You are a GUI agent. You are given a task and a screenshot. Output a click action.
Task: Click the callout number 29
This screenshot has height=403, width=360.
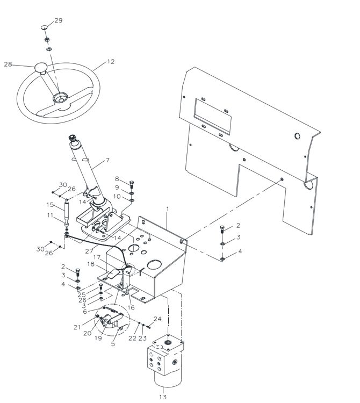point(59,20)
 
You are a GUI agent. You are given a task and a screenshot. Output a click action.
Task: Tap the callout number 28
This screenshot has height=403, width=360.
point(8,64)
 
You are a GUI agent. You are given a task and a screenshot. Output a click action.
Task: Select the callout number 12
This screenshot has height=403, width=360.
point(111,62)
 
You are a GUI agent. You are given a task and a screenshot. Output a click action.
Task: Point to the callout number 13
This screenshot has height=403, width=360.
point(163,397)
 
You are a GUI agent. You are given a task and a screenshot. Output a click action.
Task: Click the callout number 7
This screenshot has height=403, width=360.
point(107,160)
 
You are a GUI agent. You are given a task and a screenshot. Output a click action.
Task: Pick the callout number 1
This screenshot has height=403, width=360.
point(168,209)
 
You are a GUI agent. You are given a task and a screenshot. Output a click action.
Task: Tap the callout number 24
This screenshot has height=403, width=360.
point(157,319)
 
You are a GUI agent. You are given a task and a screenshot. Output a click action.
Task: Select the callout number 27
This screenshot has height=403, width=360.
point(89,251)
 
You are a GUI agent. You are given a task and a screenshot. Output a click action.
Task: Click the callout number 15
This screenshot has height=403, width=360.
point(50,205)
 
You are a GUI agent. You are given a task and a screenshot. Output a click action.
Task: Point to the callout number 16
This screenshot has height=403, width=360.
point(131,307)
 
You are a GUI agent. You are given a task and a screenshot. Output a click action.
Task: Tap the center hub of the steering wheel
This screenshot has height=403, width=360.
point(60,98)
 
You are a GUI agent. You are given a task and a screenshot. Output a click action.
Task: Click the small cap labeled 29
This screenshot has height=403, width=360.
point(44,27)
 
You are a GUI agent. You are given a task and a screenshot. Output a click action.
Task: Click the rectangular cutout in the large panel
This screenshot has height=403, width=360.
point(212,117)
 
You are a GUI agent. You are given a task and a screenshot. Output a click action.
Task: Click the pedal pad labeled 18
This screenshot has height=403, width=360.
point(113,274)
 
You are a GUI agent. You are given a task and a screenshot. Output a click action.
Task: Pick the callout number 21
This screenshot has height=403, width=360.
point(77,327)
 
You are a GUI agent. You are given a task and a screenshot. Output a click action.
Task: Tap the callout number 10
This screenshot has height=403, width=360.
point(117,196)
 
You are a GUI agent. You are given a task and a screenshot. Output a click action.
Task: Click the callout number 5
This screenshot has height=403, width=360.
point(113,344)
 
